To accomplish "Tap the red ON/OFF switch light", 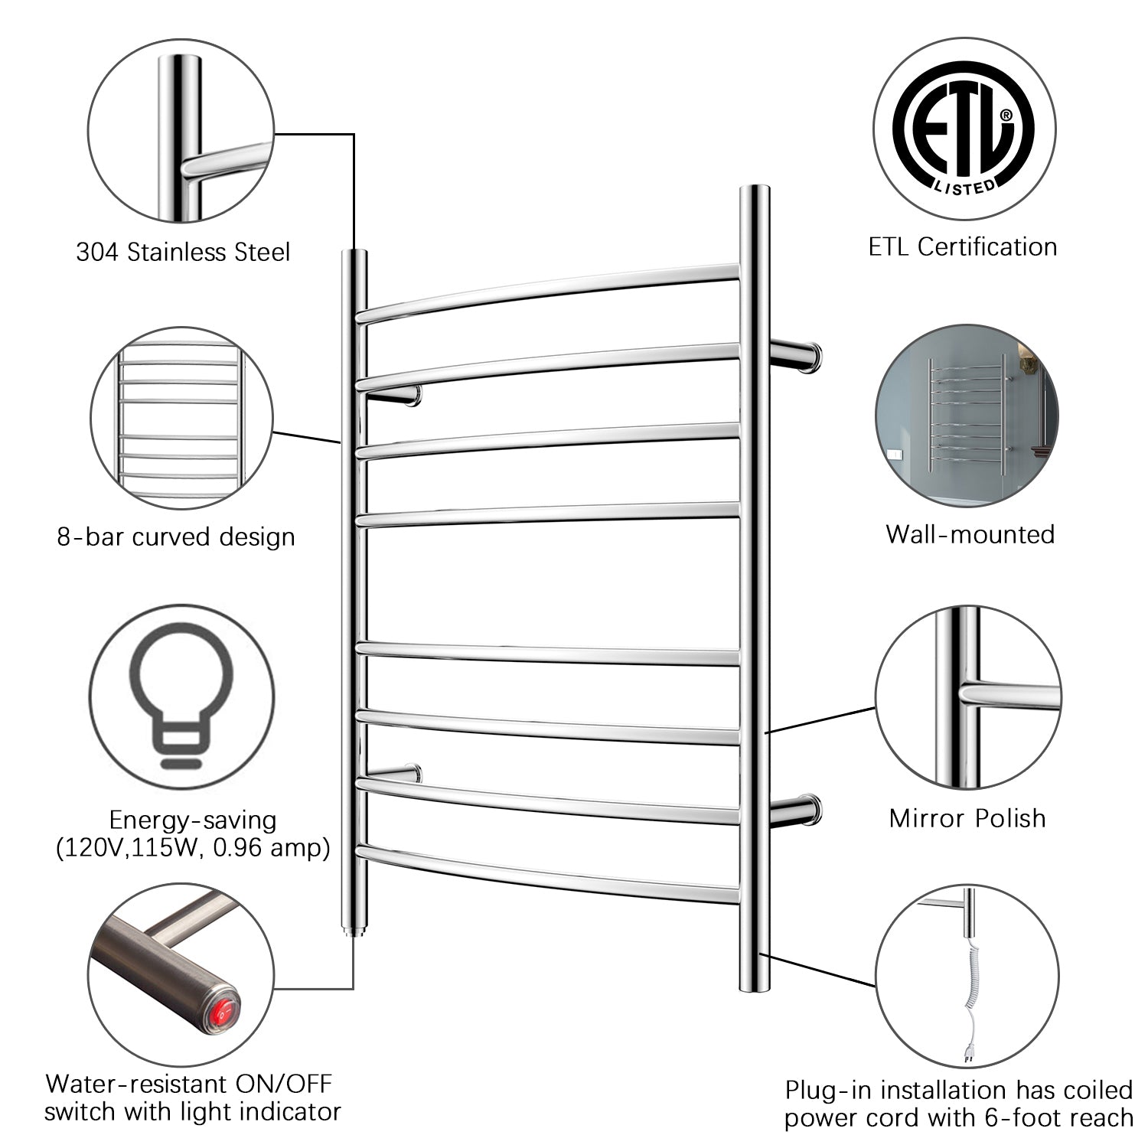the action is [x=223, y=1015].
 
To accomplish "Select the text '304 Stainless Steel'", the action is [x=183, y=252].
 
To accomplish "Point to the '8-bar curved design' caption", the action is [x=176, y=536].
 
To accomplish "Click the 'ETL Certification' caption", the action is [x=963, y=246].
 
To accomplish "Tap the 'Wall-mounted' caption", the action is [x=970, y=533].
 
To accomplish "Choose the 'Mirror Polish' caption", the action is [x=967, y=817].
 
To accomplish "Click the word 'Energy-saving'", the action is [x=192, y=820].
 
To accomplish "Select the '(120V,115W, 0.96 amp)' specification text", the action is [x=192, y=848].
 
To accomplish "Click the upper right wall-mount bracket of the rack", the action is [x=795, y=355].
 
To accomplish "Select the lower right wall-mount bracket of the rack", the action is [x=795, y=810].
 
